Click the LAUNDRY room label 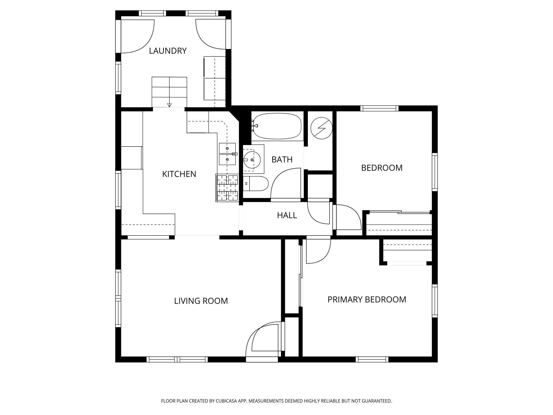(x=168, y=51)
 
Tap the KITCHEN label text (x=179, y=174)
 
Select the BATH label (x=282, y=159)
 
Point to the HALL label (x=287, y=215)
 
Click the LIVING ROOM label (x=201, y=301)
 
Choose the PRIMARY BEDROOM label (x=367, y=300)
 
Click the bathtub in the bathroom (x=277, y=126)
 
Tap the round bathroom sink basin (x=252, y=160)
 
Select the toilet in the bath (x=256, y=184)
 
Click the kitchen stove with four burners (x=227, y=188)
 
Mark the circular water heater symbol (x=321, y=128)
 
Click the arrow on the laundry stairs (x=169, y=105)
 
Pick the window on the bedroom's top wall (x=379, y=108)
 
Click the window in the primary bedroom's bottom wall (x=372, y=359)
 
